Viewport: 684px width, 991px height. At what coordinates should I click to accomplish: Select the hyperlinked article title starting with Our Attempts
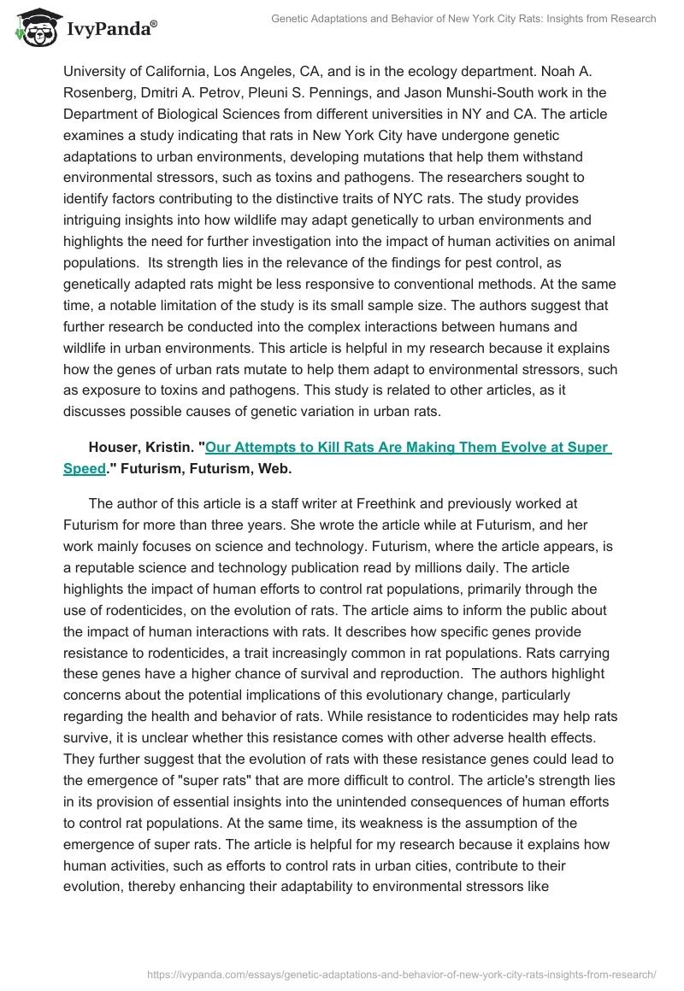(x=408, y=447)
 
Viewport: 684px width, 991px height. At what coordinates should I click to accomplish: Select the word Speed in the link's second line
(x=85, y=468)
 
